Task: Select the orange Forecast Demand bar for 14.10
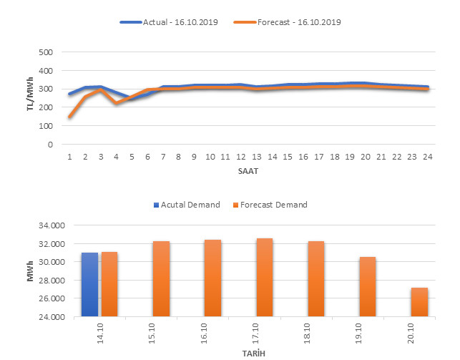click(109, 283)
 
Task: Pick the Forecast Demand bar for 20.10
click(419, 301)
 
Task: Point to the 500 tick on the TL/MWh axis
click(45, 53)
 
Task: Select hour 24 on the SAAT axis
click(427, 157)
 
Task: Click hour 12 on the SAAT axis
click(240, 157)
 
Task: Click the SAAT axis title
click(248, 172)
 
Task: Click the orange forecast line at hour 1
click(69, 117)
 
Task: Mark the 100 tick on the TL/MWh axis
click(45, 126)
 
